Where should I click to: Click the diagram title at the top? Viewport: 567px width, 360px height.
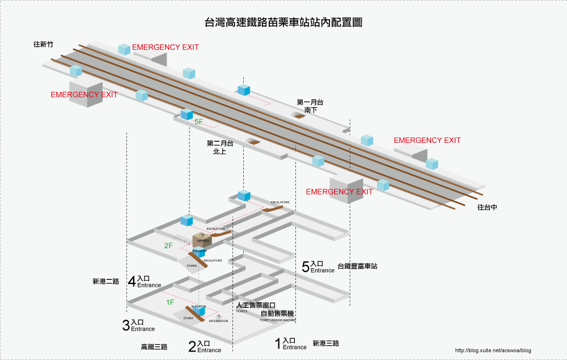[x=283, y=23]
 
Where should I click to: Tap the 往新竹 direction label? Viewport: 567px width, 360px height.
[x=43, y=44]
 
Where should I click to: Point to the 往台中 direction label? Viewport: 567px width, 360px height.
[x=487, y=207]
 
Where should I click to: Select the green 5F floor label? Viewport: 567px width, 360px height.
[x=198, y=122]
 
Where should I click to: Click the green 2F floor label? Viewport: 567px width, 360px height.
[x=168, y=245]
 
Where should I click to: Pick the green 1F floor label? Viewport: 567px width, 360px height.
[x=170, y=302]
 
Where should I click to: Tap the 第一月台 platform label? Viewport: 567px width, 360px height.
[x=310, y=103]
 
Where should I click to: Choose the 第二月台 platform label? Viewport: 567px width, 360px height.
[x=220, y=144]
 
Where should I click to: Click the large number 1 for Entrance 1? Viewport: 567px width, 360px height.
[x=277, y=343]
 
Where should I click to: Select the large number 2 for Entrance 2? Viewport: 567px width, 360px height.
[x=192, y=346]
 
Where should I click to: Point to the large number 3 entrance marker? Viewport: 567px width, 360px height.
[x=126, y=325]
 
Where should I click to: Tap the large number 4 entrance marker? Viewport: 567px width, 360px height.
[x=132, y=281]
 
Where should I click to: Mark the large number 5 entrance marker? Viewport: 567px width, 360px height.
[x=305, y=267]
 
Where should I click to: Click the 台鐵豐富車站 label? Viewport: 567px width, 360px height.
[x=357, y=266]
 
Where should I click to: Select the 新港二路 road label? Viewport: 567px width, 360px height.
[x=106, y=281]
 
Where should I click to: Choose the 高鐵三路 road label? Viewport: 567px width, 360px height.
[x=154, y=346]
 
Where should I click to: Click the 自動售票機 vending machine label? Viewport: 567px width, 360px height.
[x=277, y=314]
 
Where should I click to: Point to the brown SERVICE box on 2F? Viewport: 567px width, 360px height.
[x=202, y=240]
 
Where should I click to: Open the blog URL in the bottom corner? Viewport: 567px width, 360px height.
[x=493, y=350]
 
